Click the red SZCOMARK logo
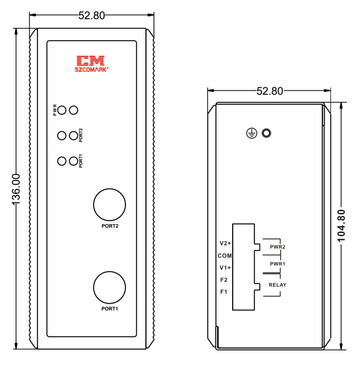[x=92, y=64]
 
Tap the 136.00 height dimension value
[x=17, y=189]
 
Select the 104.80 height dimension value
[x=341, y=225]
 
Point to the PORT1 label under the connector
[x=110, y=309]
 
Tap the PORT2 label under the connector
[x=110, y=226]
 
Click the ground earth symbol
[x=251, y=133]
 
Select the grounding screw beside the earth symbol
[x=266, y=133]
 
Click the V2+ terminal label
[x=225, y=243]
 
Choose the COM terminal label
[x=225, y=255]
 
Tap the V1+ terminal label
[x=225, y=267]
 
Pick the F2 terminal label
[x=224, y=280]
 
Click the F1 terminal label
[x=223, y=292]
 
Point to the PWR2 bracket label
[x=278, y=247]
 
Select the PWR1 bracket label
[x=278, y=264]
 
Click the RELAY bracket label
[x=278, y=285]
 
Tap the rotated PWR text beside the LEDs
[x=55, y=110]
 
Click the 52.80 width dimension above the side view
[x=270, y=91]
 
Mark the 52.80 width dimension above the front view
[x=92, y=16]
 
